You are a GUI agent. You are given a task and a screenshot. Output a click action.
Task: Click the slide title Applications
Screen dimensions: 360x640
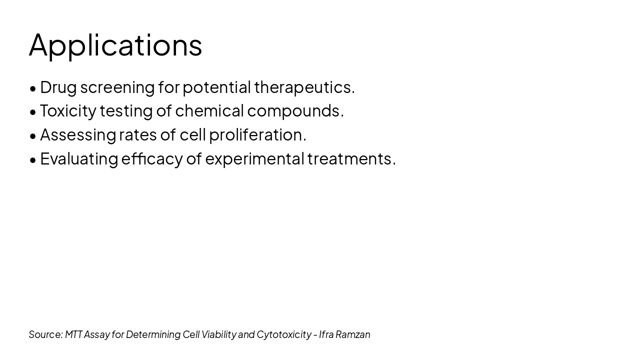115,45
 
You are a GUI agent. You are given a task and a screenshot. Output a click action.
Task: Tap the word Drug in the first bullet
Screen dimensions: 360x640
58,87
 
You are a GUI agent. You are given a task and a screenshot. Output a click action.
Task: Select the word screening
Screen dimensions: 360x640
117,87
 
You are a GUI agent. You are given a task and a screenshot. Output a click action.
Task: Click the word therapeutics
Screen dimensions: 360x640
304,87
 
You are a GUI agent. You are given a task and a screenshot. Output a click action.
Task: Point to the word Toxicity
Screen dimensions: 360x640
67,111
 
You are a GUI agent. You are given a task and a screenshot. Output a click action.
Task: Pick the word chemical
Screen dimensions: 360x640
209,110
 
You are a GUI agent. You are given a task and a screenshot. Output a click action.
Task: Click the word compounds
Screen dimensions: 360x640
295,111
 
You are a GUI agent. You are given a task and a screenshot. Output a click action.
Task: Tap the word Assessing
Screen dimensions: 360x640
77,135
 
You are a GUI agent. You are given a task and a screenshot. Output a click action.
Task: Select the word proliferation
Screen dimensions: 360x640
257,135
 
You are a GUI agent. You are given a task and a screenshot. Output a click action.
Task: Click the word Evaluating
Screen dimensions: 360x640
79,159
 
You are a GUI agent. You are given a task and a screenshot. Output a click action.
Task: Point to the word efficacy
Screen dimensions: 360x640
152,159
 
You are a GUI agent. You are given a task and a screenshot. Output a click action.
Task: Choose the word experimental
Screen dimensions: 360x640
254,159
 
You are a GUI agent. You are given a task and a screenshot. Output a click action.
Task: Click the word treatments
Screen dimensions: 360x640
351,159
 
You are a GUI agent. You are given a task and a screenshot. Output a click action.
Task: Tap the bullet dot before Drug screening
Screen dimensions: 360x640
33,88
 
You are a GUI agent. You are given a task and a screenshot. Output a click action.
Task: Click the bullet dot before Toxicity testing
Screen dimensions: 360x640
33,112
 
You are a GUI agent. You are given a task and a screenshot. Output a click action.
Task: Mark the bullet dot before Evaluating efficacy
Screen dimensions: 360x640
33,160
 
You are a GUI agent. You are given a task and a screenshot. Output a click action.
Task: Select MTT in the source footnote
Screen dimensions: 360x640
73,334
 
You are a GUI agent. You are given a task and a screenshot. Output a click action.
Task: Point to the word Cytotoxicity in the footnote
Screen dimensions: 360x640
283,334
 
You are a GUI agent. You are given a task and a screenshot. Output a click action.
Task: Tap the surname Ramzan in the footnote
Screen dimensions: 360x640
353,334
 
